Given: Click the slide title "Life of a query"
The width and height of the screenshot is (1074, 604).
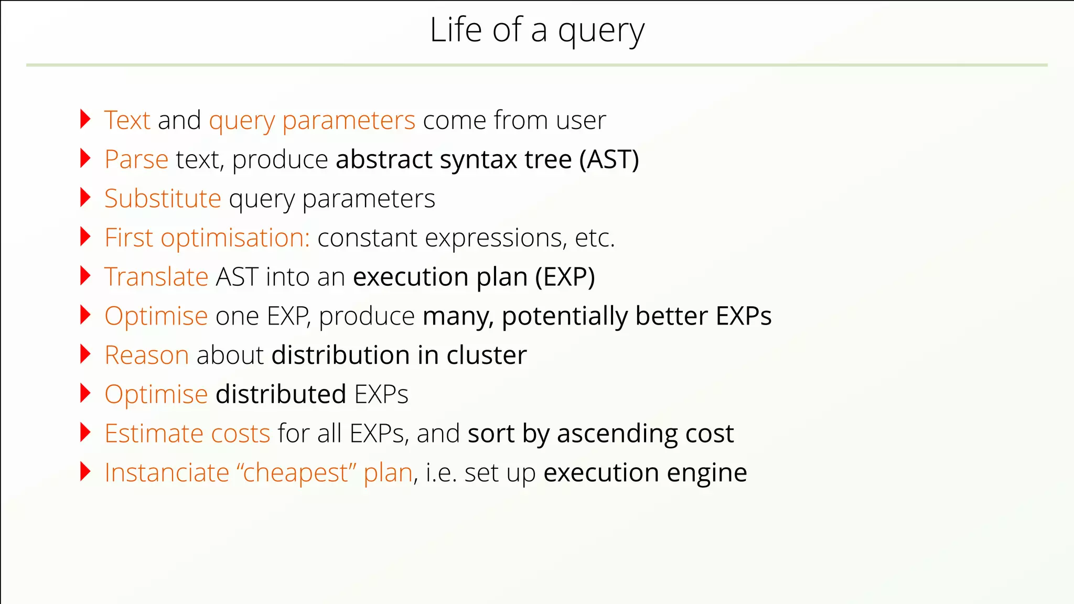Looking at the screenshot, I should coord(536,30).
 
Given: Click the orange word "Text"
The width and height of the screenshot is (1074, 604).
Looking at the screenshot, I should coord(127,121).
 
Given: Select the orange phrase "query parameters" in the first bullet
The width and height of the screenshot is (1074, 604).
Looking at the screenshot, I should coord(312,121).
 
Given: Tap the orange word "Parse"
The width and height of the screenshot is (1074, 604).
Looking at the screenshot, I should coord(136,160).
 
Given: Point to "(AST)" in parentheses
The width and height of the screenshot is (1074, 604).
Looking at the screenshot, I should coord(609,160).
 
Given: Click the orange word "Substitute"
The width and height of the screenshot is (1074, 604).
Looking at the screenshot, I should coord(163,199).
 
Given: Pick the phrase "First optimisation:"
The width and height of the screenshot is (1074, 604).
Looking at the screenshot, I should coord(207,239).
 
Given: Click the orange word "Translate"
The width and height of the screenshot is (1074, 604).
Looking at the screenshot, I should coord(156,277).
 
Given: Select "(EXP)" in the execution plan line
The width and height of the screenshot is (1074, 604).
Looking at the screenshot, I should coord(565,277).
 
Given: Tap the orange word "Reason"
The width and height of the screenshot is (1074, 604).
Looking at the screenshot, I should coord(146,355).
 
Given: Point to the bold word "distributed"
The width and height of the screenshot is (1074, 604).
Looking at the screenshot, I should coord(281,395).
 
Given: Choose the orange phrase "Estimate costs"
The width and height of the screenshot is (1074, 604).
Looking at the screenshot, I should coord(187,434).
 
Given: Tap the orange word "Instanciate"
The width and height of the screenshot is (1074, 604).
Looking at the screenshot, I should coord(167,473).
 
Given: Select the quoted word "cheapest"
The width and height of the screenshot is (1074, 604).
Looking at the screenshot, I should coord(296,473).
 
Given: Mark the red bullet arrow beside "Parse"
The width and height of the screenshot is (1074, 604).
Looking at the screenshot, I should coord(85,158).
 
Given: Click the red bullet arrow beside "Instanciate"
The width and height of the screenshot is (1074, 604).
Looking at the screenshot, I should coord(85,471).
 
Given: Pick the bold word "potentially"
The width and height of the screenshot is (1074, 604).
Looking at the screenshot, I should coord(564,317).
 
